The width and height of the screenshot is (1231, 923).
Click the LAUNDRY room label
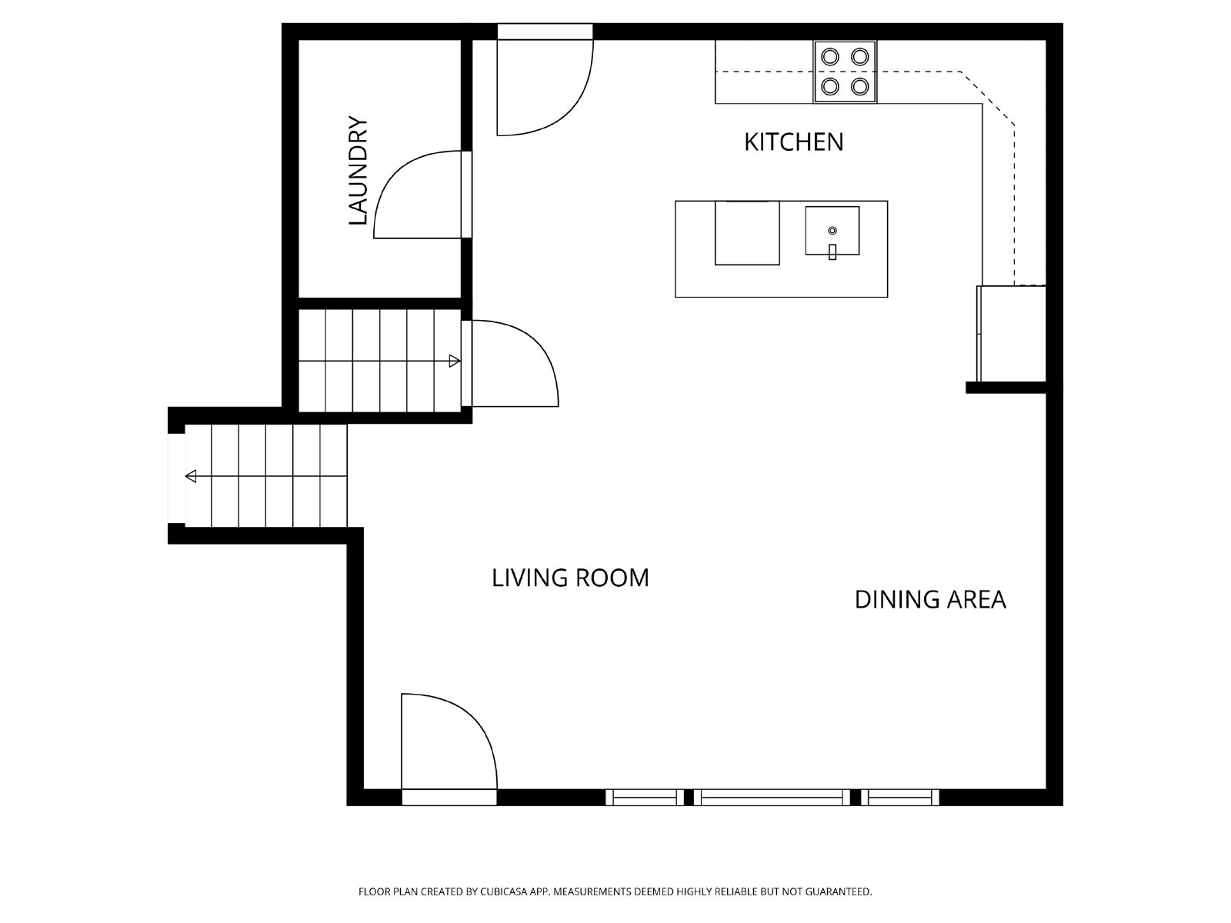pos(359,171)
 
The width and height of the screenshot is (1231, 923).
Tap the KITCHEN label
pos(793,142)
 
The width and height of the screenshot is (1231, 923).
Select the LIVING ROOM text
pos(570,578)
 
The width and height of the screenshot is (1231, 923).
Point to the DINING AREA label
pos(930,599)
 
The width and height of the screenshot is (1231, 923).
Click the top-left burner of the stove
pos(831,57)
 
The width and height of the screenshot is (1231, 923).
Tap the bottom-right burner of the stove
pos(860,85)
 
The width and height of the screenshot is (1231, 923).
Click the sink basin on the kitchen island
pos(832,230)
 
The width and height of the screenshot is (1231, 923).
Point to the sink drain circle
pos(832,230)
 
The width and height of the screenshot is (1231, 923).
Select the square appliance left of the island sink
pos(747,233)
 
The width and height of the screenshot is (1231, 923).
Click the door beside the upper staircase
pos(512,363)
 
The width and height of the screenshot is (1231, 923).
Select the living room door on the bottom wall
pos(446,742)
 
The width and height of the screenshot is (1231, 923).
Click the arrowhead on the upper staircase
pos(455,361)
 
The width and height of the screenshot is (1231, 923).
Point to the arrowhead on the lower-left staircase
pos(191,476)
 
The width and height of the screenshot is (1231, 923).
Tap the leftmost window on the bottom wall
pos(644,797)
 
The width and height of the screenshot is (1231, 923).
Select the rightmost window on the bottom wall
pos(899,797)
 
